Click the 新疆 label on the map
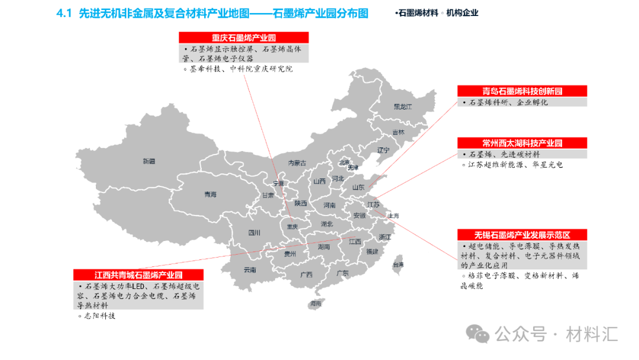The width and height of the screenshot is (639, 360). point(149,161)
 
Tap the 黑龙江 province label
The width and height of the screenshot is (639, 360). point(402,107)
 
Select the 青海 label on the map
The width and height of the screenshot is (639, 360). point(210,194)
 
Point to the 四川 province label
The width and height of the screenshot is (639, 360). point(254,233)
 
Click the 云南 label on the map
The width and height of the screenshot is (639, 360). point(250,270)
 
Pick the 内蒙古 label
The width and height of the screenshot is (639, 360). point(297,163)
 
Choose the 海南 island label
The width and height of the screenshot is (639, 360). point(315,303)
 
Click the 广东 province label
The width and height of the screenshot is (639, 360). point(342,273)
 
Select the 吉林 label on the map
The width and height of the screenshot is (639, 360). point(398,133)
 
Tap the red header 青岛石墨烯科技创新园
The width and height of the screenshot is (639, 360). point(522,91)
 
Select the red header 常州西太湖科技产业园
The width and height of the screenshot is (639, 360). point(522,143)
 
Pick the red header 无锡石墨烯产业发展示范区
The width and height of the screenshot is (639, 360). point(522,235)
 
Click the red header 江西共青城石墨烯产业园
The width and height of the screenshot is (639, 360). point(138,275)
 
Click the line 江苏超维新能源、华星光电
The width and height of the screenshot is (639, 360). point(515,165)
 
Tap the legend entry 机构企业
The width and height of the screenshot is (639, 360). point(462,13)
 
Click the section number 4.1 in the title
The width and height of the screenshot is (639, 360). point(63,13)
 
